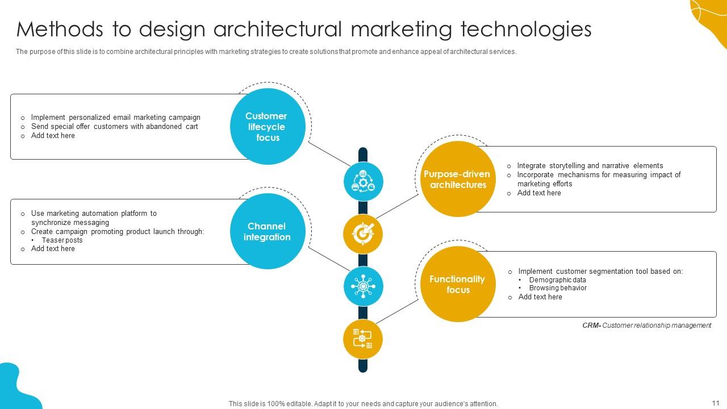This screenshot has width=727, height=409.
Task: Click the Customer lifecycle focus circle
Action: tap(268, 126)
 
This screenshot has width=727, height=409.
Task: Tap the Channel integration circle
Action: tap(268, 231)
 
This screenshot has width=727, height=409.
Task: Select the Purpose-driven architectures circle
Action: tap(458, 179)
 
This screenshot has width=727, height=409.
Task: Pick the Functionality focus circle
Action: tap(458, 284)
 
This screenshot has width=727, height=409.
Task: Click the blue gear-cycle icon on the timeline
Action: tap(363, 181)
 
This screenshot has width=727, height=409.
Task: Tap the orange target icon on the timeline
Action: tap(363, 234)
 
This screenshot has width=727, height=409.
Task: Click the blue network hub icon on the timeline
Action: tap(363, 286)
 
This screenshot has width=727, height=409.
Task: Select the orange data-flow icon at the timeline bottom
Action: tap(363, 339)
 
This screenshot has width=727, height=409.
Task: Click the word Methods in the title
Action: tap(60, 29)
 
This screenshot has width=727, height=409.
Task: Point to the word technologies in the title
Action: tap(526, 30)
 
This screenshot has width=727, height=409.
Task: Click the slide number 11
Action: tap(715, 403)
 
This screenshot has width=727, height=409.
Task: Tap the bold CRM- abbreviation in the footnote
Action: tap(592, 325)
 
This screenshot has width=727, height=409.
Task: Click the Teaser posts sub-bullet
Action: tap(62, 240)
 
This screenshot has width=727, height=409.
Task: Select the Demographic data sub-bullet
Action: tap(557, 280)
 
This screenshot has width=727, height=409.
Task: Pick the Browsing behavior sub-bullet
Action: tap(558, 288)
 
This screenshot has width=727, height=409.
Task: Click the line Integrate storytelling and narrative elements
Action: tap(590, 165)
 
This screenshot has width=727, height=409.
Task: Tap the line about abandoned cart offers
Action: tap(114, 127)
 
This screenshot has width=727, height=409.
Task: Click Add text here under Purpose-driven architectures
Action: tap(539, 193)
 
